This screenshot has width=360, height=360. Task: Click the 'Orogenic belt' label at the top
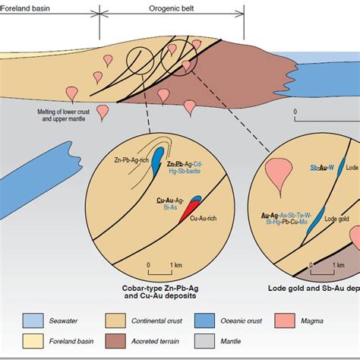pos(171,4)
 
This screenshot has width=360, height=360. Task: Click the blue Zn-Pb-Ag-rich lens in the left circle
pos(156,160)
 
